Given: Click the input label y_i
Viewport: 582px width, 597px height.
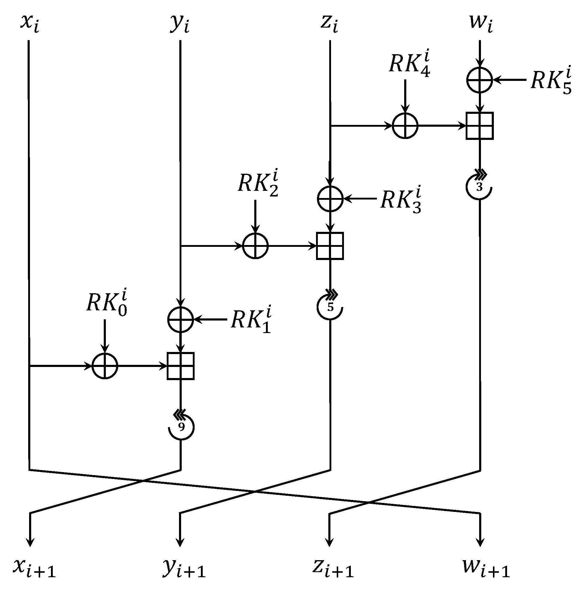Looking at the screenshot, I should tap(179, 24).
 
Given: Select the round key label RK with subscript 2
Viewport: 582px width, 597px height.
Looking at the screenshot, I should tap(258, 184).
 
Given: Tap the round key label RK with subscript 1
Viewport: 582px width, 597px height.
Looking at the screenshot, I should tap(251, 321).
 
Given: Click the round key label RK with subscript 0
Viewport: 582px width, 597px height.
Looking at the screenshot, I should tap(106, 304).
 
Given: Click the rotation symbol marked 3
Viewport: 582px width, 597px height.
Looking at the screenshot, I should tap(479, 186).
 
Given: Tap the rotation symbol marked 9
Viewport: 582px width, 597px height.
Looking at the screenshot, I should tap(181, 427).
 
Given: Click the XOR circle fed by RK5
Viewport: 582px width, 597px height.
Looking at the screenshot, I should tap(479, 80).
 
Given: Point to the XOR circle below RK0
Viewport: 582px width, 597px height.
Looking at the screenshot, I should tap(105, 366).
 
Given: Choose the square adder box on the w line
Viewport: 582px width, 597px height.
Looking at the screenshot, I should tap(479, 126).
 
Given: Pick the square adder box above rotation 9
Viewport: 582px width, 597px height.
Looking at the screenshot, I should tap(180, 366).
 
